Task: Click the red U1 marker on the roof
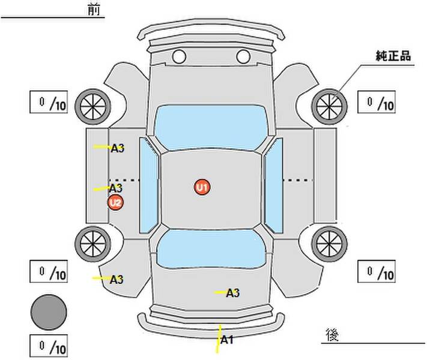(x=202, y=187)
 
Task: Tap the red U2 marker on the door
(x=115, y=203)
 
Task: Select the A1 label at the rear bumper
(x=227, y=340)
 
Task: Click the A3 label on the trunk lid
(x=233, y=293)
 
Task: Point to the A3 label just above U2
(x=116, y=188)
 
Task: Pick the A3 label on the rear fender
(x=117, y=280)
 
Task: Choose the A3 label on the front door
(x=117, y=148)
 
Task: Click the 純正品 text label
(x=393, y=56)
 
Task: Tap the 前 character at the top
(x=94, y=10)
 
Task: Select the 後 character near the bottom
(x=332, y=334)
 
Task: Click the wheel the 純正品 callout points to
(x=329, y=107)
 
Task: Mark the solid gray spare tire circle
(x=49, y=312)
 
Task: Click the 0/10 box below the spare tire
(x=49, y=346)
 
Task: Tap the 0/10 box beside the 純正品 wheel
(x=377, y=102)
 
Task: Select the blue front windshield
(x=210, y=127)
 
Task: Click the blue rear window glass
(x=211, y=249)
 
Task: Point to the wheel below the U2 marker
(x=93, y=244)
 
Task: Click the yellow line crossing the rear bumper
(x=219, y=339)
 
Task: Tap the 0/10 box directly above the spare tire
(x=49, y=271)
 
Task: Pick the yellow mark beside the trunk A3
(x=220, y=293)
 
